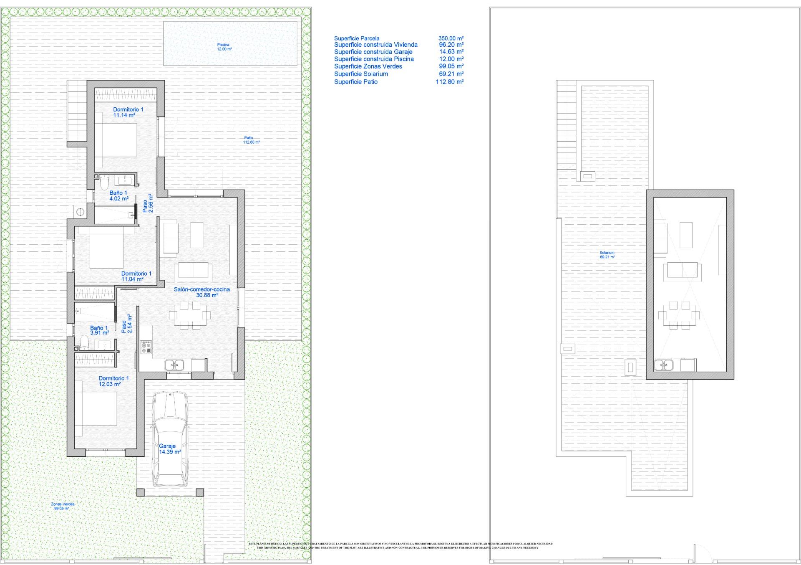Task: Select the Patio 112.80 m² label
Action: pos(251,140)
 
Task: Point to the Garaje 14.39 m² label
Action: pos(169,449)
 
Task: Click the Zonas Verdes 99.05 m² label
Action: pos(63,506)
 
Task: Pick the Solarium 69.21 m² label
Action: pos(607,255)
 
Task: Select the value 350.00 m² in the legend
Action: pos(451,38)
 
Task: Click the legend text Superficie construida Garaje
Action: pos(373,52)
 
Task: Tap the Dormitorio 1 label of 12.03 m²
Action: pos(111,381)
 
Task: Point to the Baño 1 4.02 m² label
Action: pos(119,195)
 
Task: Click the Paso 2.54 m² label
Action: pos(127,324)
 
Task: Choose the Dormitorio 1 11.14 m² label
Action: pos(128,112)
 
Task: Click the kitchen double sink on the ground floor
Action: pos(174,365)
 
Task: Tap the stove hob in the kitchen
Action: pos(146,347)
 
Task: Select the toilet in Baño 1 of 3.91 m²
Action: pos(83,342)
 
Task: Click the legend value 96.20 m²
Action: pos(451,45)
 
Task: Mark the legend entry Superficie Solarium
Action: pos(361,74)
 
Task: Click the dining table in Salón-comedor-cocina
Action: pos(190,314)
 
